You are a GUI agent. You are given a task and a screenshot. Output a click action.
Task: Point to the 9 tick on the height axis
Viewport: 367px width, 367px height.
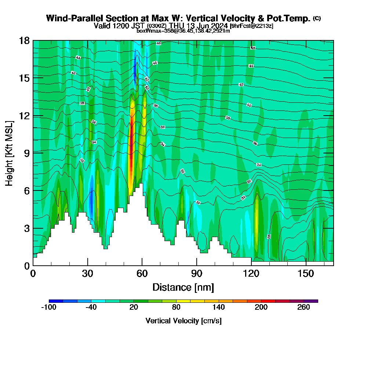pyautogui.click(x=33, y=153)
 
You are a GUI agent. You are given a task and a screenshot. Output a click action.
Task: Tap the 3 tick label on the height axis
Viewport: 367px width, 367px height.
pyautogui.click(x=26, y=228)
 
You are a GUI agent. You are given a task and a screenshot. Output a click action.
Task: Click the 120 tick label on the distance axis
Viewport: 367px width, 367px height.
pyautogui.click(x=251, y=274)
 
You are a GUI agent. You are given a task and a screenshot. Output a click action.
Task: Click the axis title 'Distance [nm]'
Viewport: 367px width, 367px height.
pyautogui.click(x=183, y=287)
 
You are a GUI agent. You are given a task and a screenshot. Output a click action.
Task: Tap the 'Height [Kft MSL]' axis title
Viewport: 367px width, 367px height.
pyautogui.click(x=9, y=153)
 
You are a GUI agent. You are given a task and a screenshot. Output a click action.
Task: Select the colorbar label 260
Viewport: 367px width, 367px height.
pyautogui.click(x=304, y=308)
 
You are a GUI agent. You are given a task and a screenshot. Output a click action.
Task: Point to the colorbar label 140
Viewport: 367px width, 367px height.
pyautogui.click(x=219, y=308)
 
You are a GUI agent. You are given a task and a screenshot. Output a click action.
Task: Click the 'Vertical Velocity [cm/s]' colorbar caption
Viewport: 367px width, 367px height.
pyautogui.click(x=183, y=321)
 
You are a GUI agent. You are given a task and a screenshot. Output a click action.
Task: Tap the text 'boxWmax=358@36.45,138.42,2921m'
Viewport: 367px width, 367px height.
pyautogui.click(x=183, y=31)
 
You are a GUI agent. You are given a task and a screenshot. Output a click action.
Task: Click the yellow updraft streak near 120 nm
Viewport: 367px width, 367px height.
pyautogui.click(x=257, y=213)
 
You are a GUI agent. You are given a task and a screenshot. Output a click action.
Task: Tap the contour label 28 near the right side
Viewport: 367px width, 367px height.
pyautogui.click(x=269, y=237)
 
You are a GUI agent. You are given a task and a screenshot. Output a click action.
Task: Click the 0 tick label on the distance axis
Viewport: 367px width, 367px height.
pyautogui.click(x=33, y=274)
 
